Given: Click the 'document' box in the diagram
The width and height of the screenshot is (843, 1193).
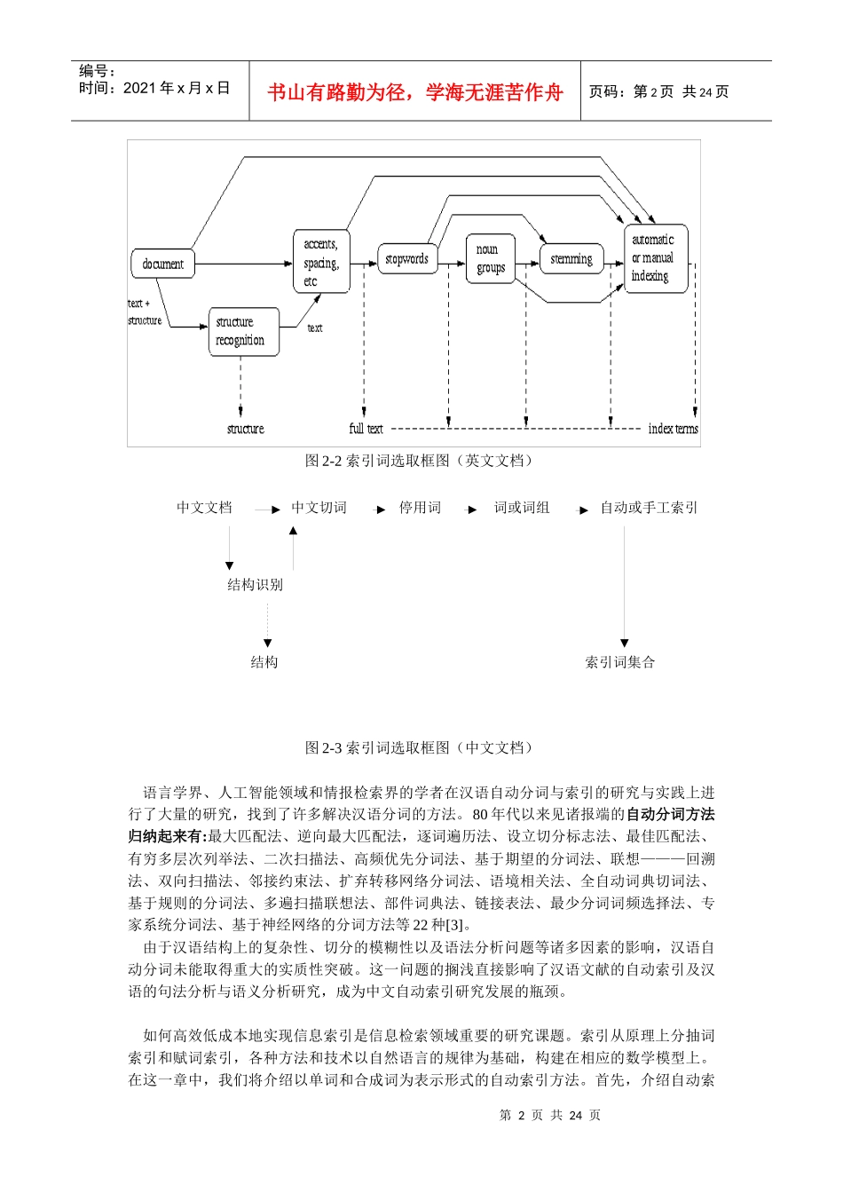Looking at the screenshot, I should (163, 264).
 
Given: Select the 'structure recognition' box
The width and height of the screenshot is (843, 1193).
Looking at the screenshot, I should (243, 331).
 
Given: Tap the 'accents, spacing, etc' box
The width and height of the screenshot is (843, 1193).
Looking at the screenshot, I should (321, 262).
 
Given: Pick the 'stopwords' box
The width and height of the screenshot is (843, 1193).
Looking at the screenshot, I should (407, 259).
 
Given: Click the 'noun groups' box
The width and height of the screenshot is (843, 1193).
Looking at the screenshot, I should (491, 258).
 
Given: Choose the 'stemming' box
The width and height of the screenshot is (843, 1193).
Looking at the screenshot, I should (571, 259).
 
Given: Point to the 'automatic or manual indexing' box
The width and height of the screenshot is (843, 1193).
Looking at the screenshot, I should (656, 258).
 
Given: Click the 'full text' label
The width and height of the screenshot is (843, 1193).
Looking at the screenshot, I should (366, 429).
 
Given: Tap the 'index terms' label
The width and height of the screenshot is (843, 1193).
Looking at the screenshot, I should (673, 429).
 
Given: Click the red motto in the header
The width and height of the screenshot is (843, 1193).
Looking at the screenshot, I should (415, 92).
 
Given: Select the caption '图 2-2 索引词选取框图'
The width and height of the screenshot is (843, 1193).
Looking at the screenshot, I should (420, 461).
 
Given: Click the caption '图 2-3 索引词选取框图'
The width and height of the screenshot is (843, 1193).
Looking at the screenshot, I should (420, 747).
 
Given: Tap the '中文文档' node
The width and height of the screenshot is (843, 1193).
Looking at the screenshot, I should (204, 508).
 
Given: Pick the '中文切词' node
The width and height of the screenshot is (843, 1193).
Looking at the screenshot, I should (319, 508).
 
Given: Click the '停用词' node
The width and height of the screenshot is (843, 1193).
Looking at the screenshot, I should (420, 508).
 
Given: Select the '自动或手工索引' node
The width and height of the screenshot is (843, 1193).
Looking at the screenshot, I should (649, 508).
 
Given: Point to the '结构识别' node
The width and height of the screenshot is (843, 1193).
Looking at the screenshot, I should (256, 584).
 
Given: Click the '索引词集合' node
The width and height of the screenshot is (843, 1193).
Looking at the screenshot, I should (620, 662).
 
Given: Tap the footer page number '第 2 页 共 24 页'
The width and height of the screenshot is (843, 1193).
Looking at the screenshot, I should (550, 1115).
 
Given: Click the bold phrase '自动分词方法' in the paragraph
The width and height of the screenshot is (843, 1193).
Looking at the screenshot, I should (670, 814).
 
